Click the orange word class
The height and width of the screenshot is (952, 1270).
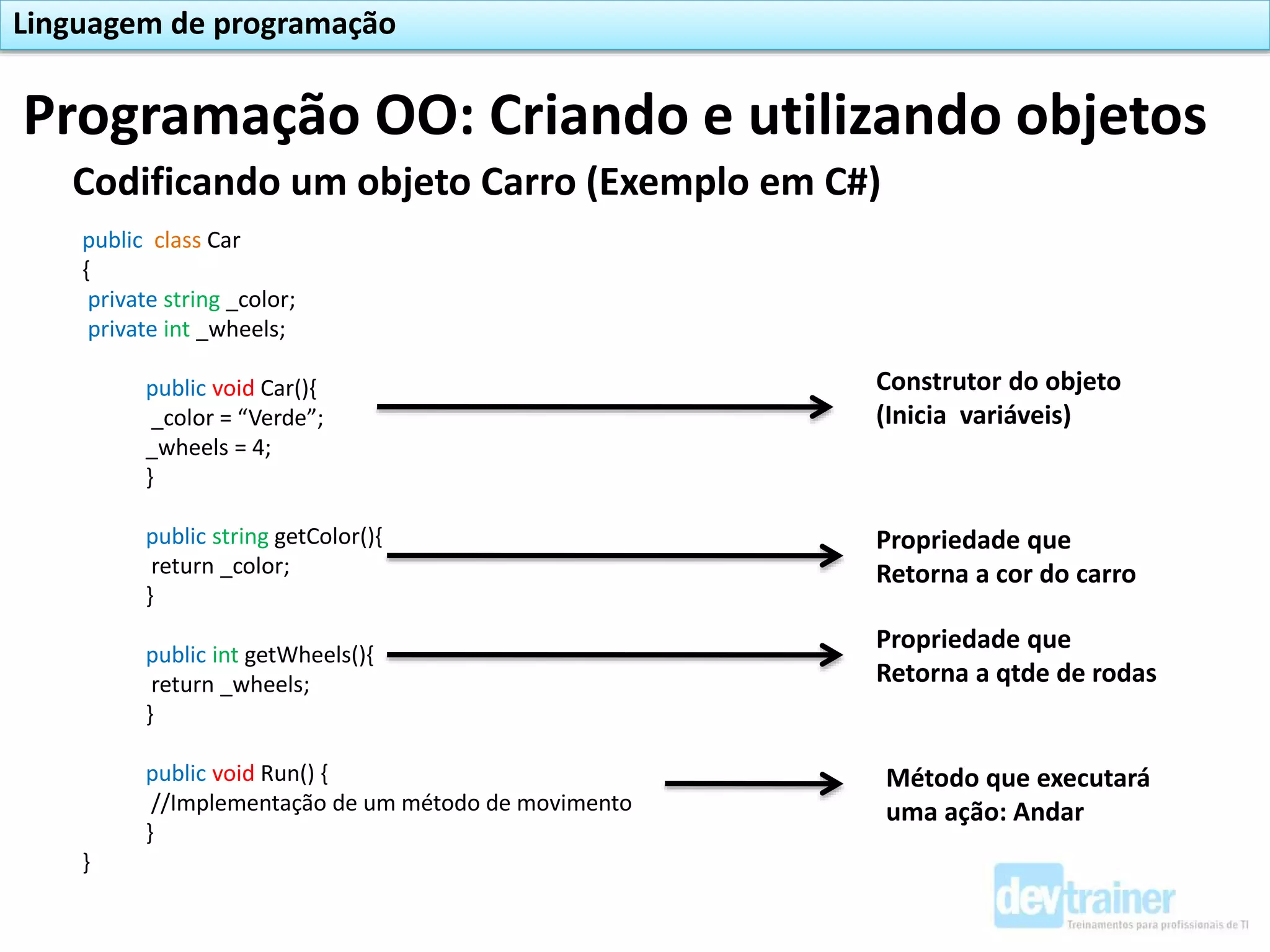click(x=177, y=240)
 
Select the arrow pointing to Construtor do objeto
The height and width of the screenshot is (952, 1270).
click(x=605, y=407)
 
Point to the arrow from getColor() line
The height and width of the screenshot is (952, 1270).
click(x=614, y=556)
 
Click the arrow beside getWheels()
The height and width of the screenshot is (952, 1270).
click(x=614, y=655)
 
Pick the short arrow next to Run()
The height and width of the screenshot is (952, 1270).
click(x=753, y=784)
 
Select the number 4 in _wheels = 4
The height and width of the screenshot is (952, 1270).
click(x=259, y=447)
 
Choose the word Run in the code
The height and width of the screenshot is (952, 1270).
click(x=280, y=773)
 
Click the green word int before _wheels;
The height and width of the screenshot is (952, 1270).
click(x=176, y=329)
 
